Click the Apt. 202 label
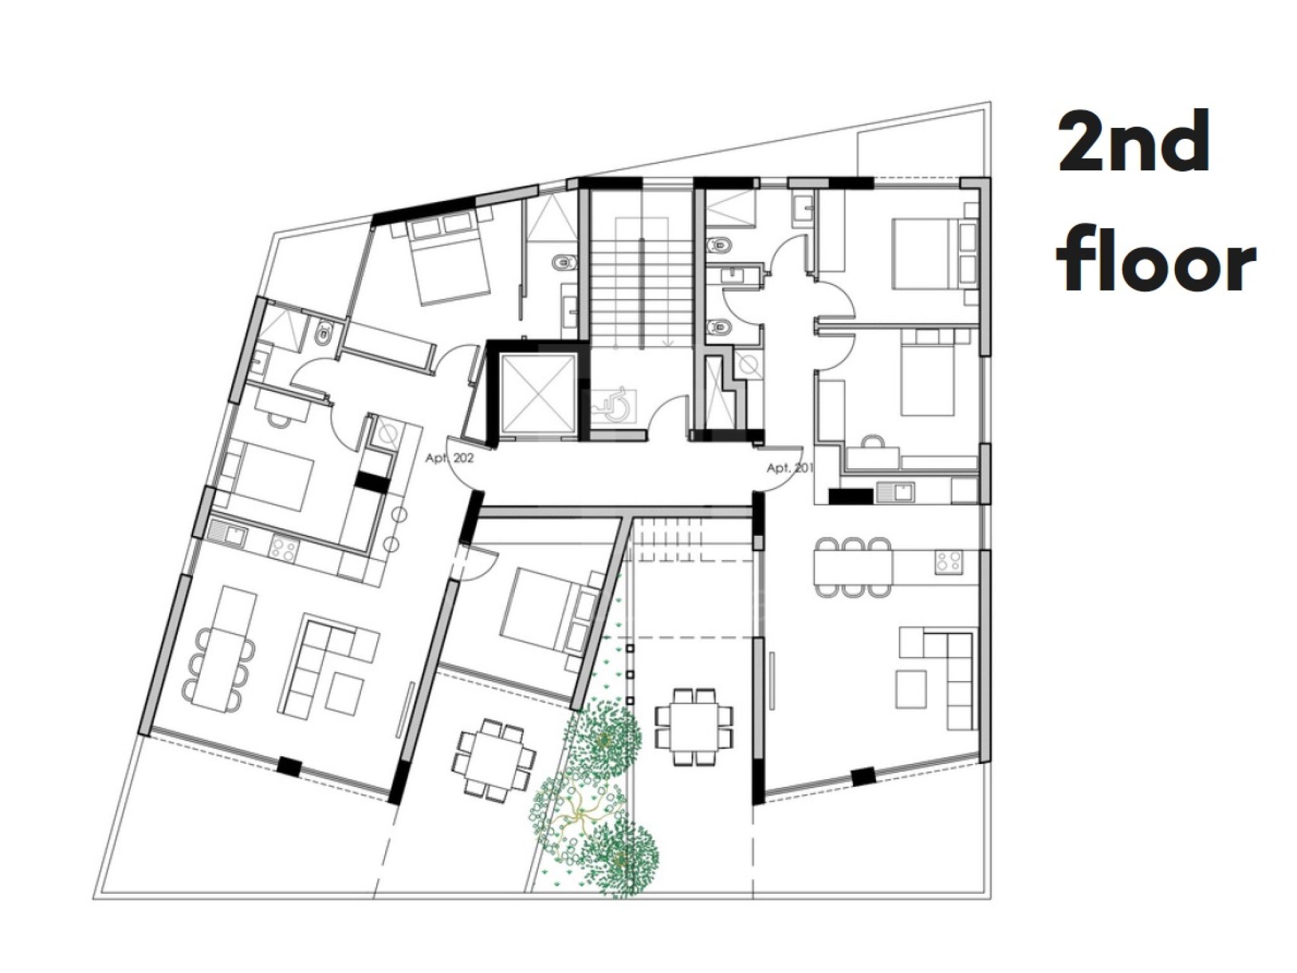[449, 459]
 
